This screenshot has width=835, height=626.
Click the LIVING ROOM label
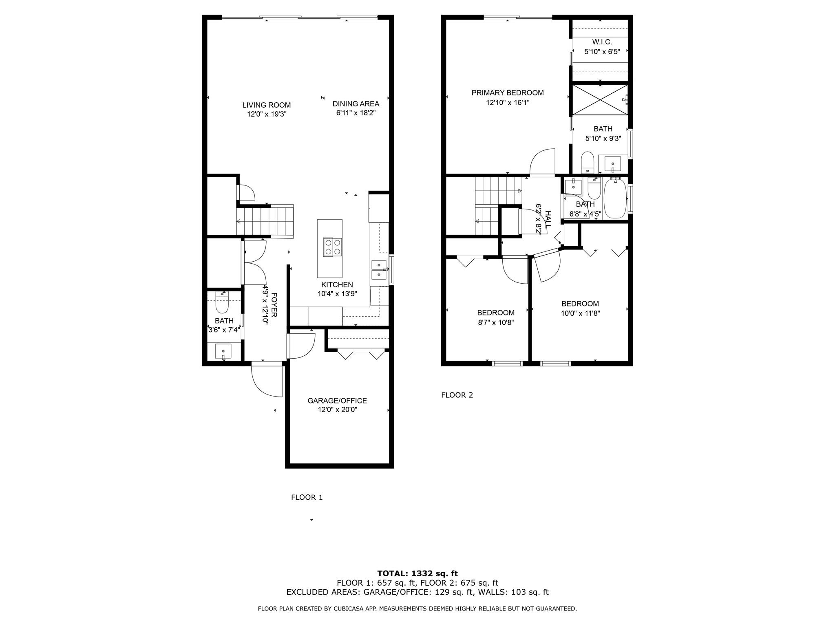tap(267, 105)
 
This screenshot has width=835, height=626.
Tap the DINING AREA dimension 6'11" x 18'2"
tap(356, 113)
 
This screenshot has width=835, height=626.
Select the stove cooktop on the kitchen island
tap(332, 247)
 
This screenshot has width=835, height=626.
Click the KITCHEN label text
tap(337, 285)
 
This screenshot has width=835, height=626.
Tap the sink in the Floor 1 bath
tap(223, 351)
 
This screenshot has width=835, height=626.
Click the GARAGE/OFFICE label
tap(337, 401)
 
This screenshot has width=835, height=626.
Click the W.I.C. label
tap(602, 42)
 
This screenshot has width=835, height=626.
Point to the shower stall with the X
tap(600, 100)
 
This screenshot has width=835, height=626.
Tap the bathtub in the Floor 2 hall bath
tap(615, 198)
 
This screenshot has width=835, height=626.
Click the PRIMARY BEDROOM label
tap(508, 93)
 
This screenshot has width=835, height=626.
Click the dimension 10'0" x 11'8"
tap(580, 313)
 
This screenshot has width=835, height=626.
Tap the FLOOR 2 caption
tap(457, 395)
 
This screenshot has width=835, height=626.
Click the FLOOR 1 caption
tap(307, 497)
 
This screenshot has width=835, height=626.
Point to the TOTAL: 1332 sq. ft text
tap(417, 574)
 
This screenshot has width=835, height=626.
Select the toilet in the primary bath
tap(588, 162)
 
